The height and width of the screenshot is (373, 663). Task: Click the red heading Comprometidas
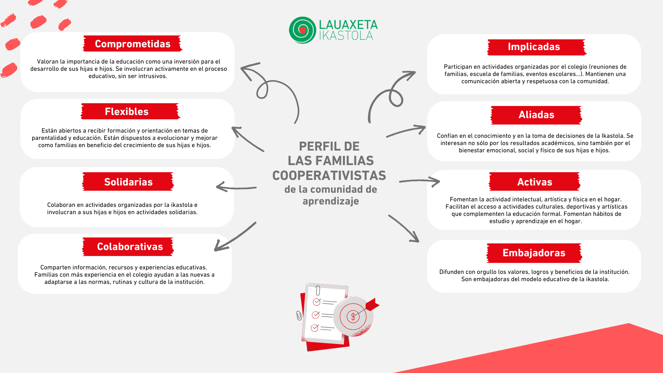click(133, 44)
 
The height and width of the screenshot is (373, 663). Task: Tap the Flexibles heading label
click(127, 112)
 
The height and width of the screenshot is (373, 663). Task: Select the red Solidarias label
click(128, 182)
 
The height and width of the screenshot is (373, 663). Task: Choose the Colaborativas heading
click(130, 247)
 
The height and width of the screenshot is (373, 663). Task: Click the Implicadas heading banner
click(534, 47)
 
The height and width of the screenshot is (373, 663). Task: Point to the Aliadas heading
click(536, 115)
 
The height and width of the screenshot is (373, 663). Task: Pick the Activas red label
click(535, 182)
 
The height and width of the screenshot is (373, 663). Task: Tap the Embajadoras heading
click(534, 253)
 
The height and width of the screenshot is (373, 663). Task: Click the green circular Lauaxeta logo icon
click(302, 30)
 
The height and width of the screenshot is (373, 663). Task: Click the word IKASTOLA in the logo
click(346, 36)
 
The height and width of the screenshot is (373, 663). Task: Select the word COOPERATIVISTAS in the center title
click(329, 175)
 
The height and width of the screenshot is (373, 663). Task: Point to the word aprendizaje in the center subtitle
click(331, 201)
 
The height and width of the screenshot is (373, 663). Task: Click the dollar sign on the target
click(353, 316)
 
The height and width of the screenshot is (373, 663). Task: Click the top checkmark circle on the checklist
click(316, 302)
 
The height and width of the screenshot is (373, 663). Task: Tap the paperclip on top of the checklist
click(318, 290)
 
